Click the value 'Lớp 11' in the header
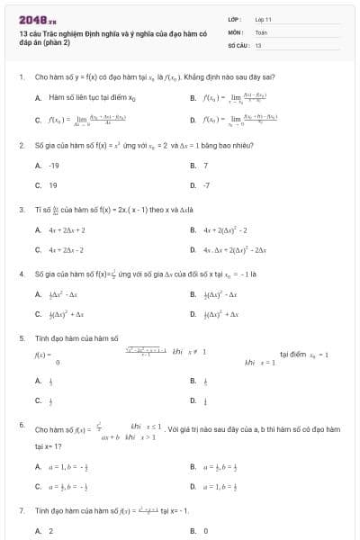click(x=263, y=18)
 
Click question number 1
click(x=21, y=77)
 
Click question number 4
click(x=21, y=273)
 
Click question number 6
click(x=21, y=424)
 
